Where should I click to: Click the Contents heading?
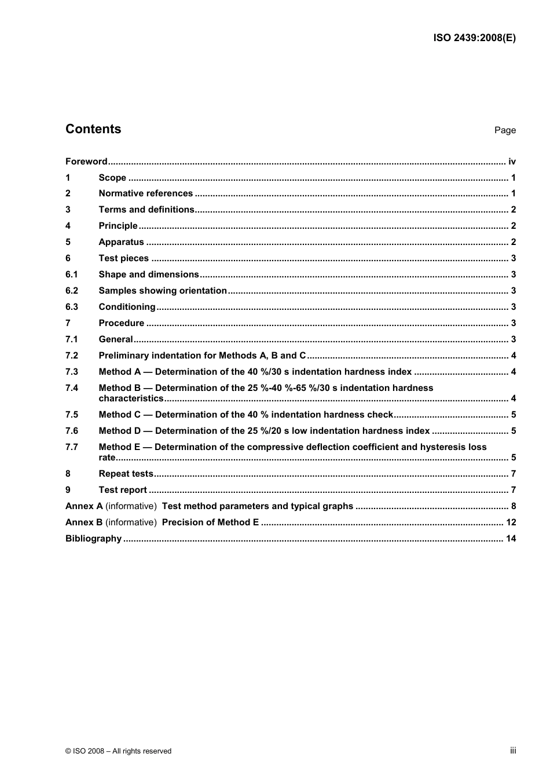click(x=93, y=129)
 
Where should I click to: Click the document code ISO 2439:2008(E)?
click(x=474, y=38)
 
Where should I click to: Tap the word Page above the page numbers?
click(x=505, y=130)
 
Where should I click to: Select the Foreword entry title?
click(x=86, y=162)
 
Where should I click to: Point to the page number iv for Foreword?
click(x=512, y=162)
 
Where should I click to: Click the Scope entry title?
click(x=112, y=178)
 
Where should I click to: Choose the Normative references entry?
click(x=145, y=193)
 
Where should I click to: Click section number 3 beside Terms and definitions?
click(x=68, y=210)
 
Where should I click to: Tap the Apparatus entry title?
click(x=121, y=242)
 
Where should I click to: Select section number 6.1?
click(x=71, y=275)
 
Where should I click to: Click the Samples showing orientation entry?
click(x=163, y=291)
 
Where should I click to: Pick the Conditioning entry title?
click(x=127, y=307)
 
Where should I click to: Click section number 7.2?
click(x=71, y=356)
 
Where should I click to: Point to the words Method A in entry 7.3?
click(x=120, y=372)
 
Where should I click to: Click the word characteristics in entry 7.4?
click(x=131, y=398)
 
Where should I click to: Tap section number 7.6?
click(x=71, y=431)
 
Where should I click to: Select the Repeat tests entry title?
click(x=126, y=474)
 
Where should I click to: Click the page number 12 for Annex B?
click(x=511, y=522)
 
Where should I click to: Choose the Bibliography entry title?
click(x=93, y=539)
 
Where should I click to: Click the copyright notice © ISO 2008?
click(x=118, y=751)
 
